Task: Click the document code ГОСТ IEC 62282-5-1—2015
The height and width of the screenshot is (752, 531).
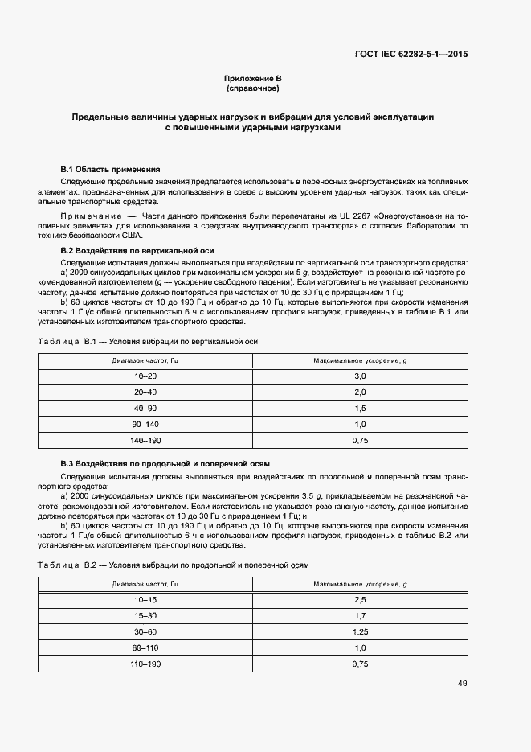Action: coord(411,55)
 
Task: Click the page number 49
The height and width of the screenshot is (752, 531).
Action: coord(462,684)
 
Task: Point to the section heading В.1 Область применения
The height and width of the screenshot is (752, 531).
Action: coord(111,170)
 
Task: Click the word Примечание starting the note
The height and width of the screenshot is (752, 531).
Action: coord(90,216)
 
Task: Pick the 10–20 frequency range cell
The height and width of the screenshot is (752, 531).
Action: coord(145,376)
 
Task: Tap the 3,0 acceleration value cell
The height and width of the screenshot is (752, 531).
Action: coord(359,376)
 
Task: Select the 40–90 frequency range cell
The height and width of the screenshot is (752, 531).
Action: coord(145,409)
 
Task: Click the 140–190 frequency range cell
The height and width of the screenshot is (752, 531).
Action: coord(145,441)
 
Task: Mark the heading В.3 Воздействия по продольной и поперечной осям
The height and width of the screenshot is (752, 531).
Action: coord(165,464)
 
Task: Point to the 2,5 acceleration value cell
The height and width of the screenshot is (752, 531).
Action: coord(359,600)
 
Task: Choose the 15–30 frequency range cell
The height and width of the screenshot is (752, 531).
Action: coord(145,616)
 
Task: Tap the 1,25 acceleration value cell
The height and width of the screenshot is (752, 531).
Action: coord(359,632)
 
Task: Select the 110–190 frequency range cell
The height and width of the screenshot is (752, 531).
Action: coord(145,664)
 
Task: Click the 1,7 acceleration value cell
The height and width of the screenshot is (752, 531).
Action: coord(359,616)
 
